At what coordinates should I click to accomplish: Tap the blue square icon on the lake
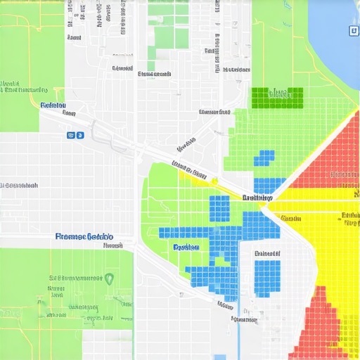tap(353, 30)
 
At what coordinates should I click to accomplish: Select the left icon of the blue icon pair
tap(70, 134)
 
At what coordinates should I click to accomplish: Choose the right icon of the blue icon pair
tap(79, 134)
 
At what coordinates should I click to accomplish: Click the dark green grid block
tap(277, 97)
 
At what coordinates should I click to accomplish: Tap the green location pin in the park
tap(108, 279)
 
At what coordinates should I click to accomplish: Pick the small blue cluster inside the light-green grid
tap(264, 158)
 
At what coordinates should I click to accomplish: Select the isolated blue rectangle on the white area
tap(266, 274)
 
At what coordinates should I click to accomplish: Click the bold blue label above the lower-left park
tap(84, 237)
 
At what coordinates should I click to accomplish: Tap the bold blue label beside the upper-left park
tap(57, 105)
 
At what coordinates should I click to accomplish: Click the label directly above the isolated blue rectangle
tap(267, 253)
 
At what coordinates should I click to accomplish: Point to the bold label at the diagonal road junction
tap(257, 198)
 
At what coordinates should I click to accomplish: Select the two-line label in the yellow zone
tap(349, 219)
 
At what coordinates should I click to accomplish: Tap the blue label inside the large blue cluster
tap(186, 247)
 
